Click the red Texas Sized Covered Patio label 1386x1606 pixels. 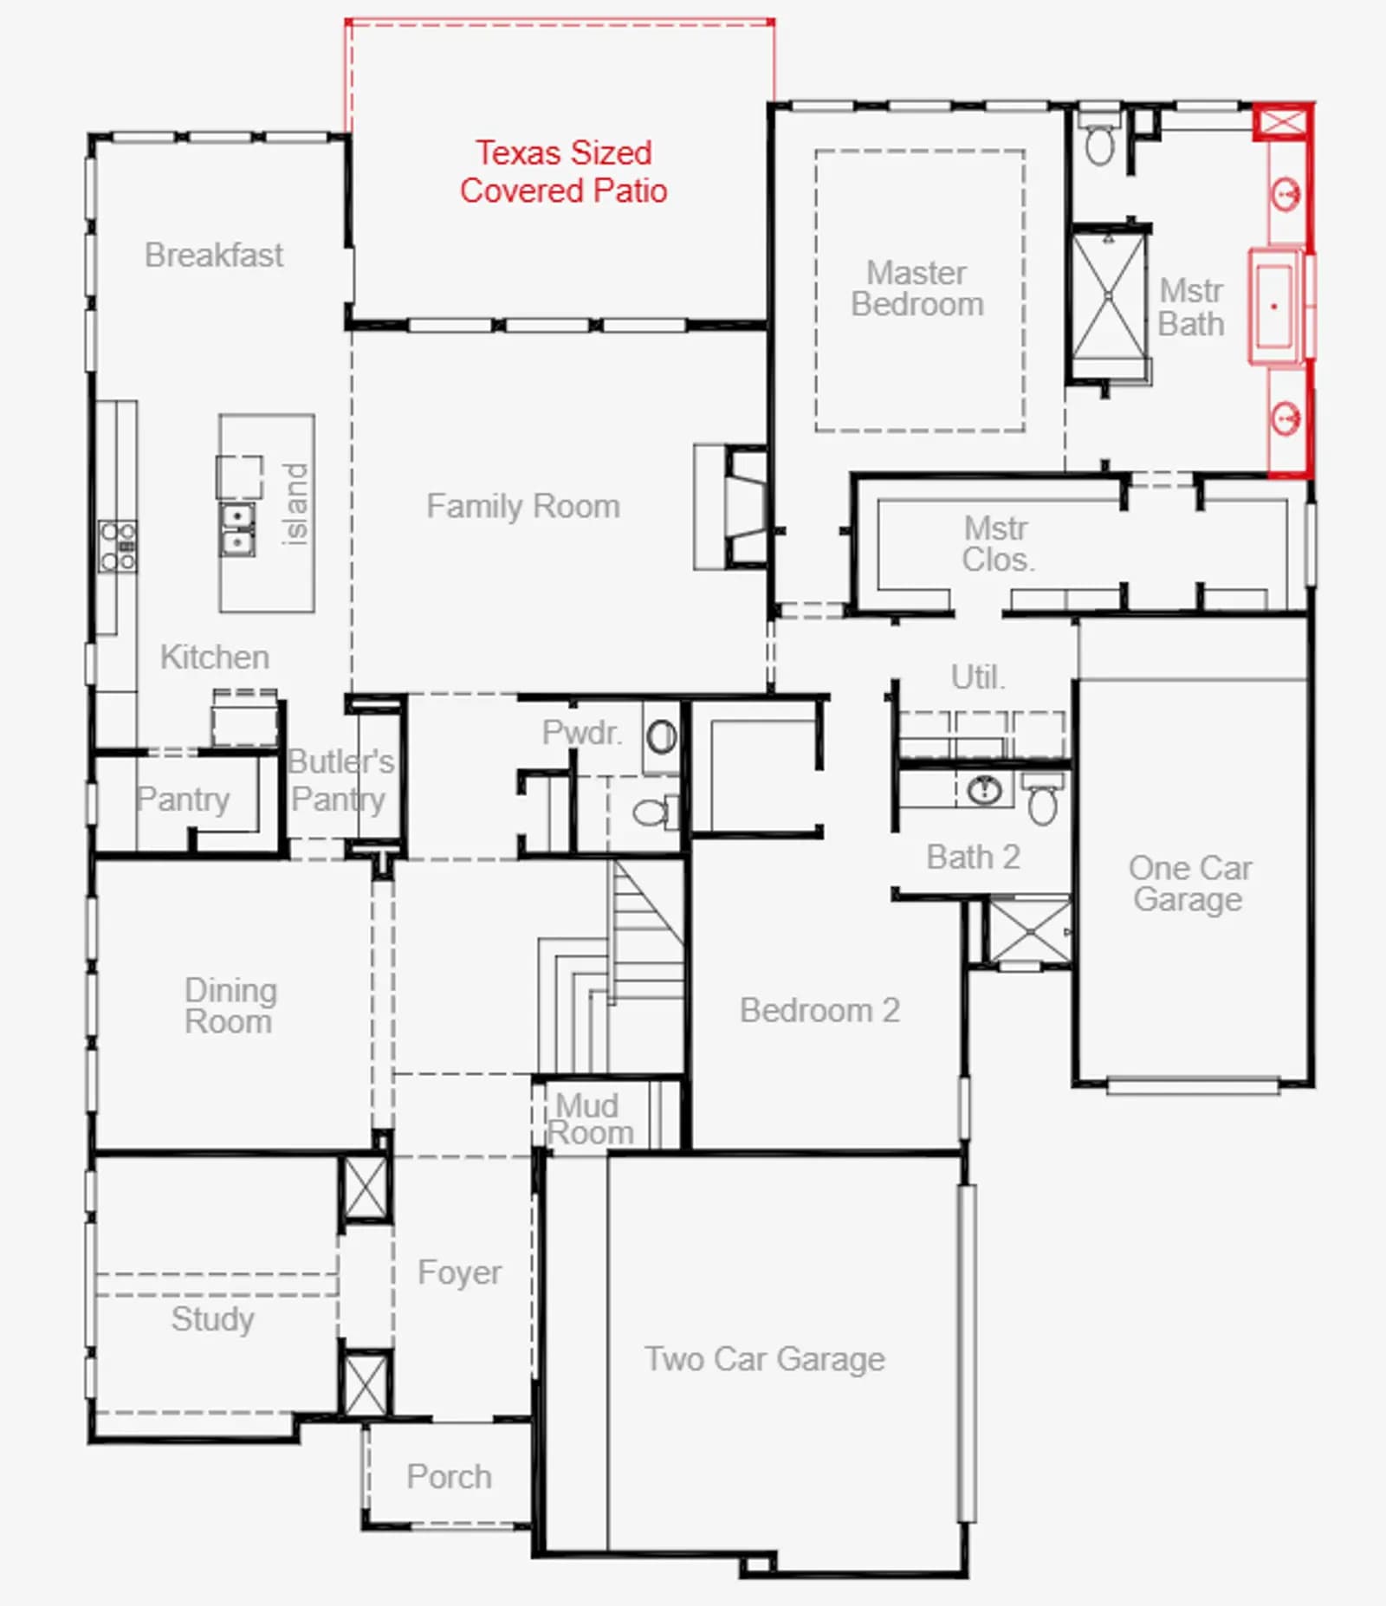click(563, 172)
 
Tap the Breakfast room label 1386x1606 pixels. click(214, 256)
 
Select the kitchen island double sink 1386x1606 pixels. click(236, 529)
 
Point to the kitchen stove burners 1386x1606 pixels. click(117, 546)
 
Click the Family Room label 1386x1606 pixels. click(523, 506)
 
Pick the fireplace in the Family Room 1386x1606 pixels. click(731, 507)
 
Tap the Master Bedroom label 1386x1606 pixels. click(917, 288)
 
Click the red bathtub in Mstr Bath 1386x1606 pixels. click(1275, 306)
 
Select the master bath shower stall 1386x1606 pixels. click(1109, 295)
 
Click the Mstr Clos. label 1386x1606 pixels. click(998, 544)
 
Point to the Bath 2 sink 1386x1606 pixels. click(983, 789)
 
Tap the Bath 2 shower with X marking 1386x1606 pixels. click(1030, 931)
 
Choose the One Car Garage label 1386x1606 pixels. click(1189, 884)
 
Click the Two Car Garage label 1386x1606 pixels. click(765, 1359)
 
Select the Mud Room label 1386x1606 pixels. click(590, 1119)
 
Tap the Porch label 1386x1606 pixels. click(450, 1477)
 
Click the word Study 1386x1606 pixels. click(213, 1320)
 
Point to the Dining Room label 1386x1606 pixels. click(230, 1006)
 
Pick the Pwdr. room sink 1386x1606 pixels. click(661, 737)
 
